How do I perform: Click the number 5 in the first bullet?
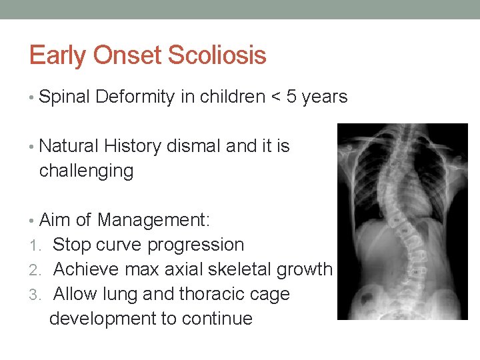click(x=291, y=97)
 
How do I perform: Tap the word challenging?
click(x=86, y=171)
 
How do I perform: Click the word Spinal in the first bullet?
click(x=64, y=97)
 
